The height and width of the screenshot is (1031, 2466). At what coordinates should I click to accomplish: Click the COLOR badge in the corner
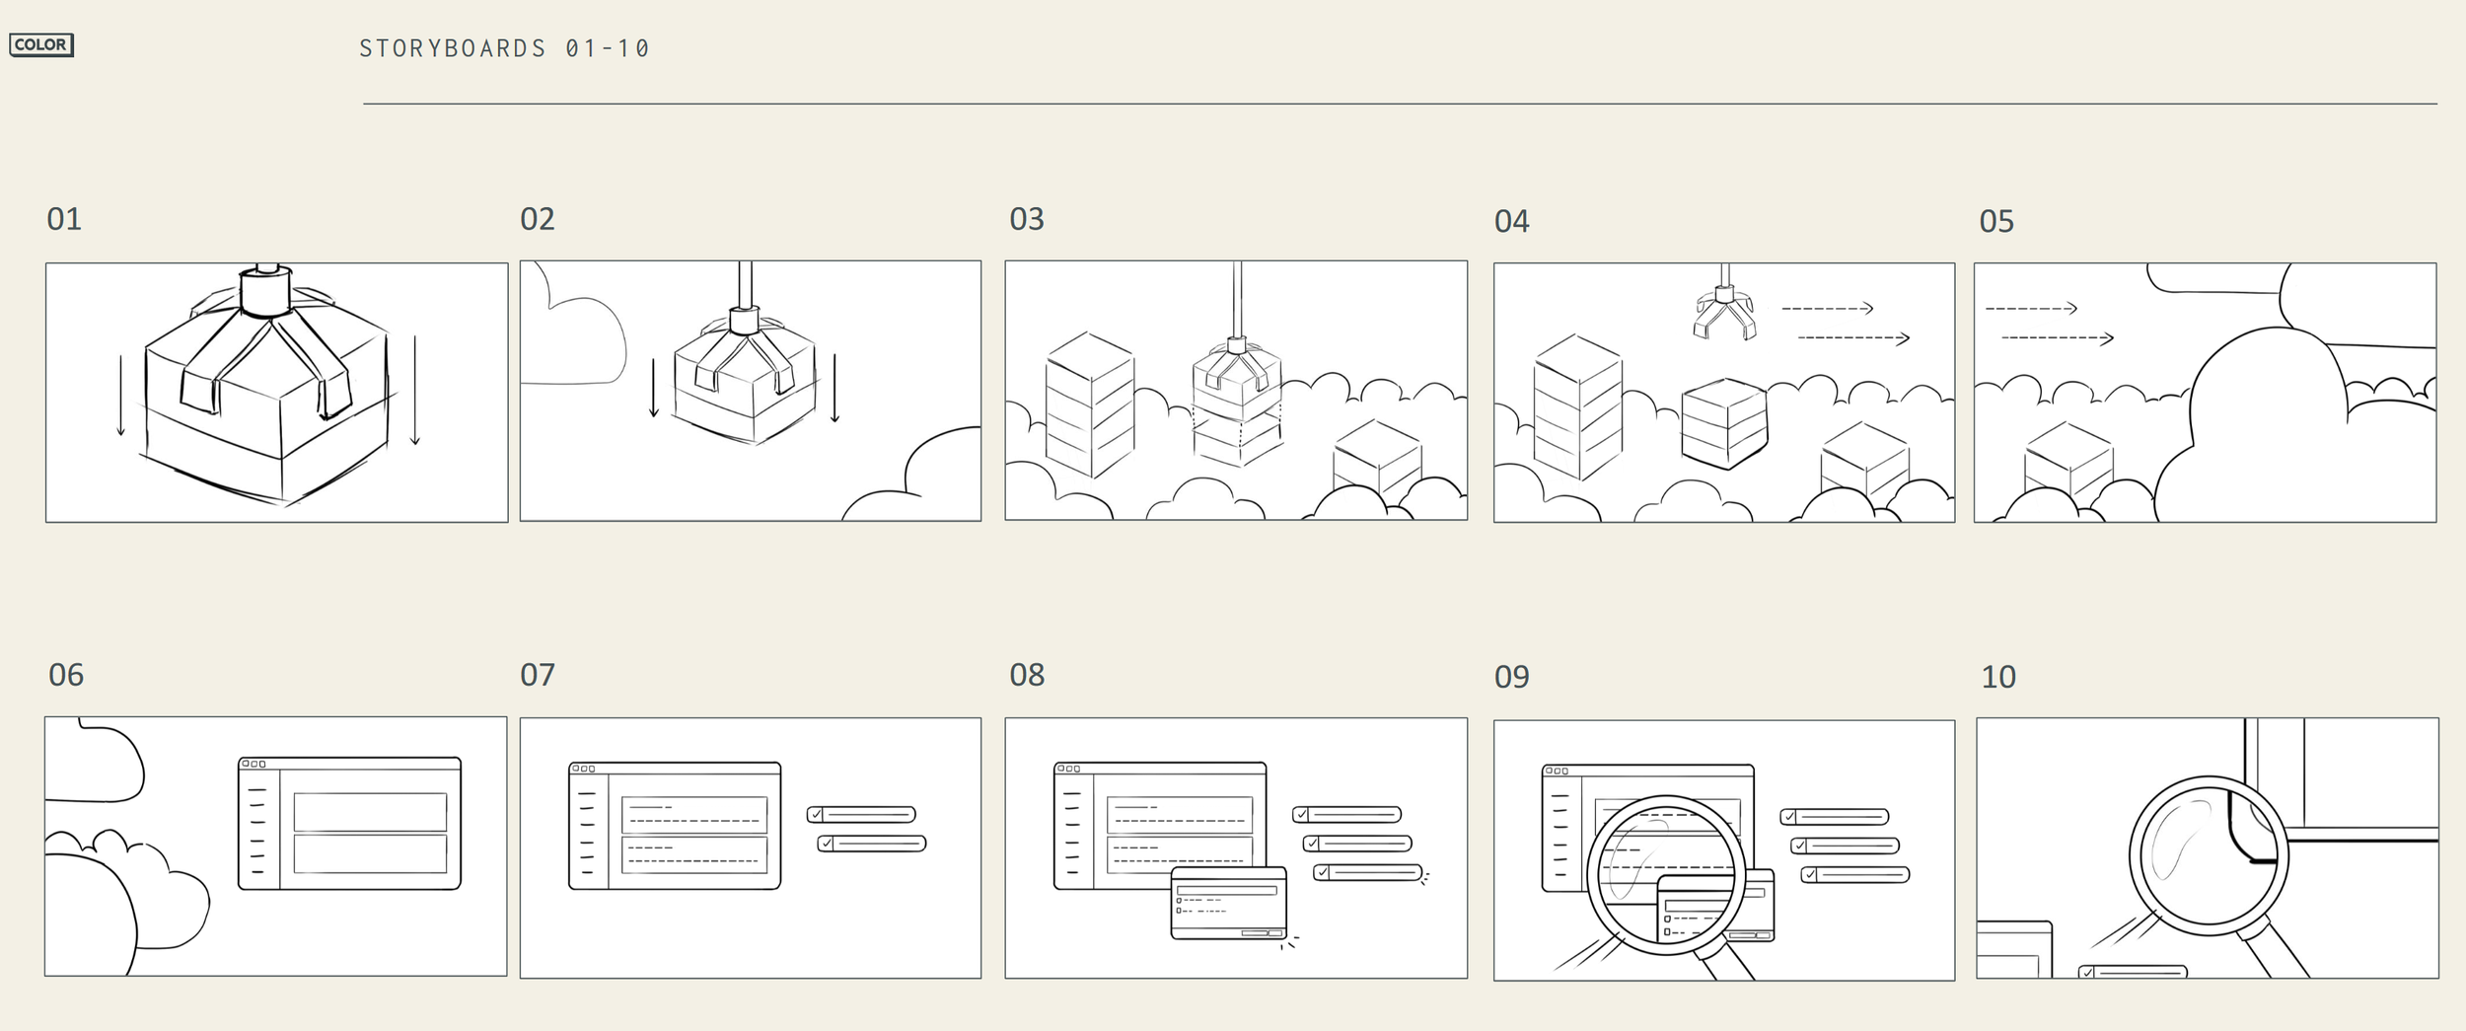(41, 45)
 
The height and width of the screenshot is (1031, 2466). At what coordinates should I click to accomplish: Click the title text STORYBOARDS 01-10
(504, 48)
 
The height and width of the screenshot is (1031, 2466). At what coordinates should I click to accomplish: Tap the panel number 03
(1026, 219)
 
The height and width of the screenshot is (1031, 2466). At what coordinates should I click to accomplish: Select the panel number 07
(538, 675)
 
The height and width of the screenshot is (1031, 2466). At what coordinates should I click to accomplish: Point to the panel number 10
(1998, 677)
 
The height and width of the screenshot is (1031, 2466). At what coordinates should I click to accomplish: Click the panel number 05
(1996, 221)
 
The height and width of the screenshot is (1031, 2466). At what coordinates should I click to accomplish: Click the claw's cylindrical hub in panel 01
(266, 291)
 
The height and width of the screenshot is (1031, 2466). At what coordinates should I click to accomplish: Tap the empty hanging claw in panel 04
(1724, 313)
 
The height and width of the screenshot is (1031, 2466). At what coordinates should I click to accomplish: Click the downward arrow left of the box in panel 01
(121, 395)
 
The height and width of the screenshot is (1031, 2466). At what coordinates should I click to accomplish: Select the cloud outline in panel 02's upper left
(577, 340)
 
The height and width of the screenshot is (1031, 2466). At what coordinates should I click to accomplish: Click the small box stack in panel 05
(2068, 459)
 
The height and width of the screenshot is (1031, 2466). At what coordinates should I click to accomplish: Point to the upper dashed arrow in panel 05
(2031, 309)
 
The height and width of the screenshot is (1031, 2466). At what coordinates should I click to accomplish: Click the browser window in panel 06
(349, 824)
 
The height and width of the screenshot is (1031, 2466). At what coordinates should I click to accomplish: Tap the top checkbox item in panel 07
(861, 815)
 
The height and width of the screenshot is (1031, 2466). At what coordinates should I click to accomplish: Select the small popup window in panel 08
(1229, 904)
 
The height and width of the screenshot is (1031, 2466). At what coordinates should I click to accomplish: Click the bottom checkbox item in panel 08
(1367, 873)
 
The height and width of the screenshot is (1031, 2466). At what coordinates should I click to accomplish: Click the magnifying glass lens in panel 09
(1666, 874)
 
